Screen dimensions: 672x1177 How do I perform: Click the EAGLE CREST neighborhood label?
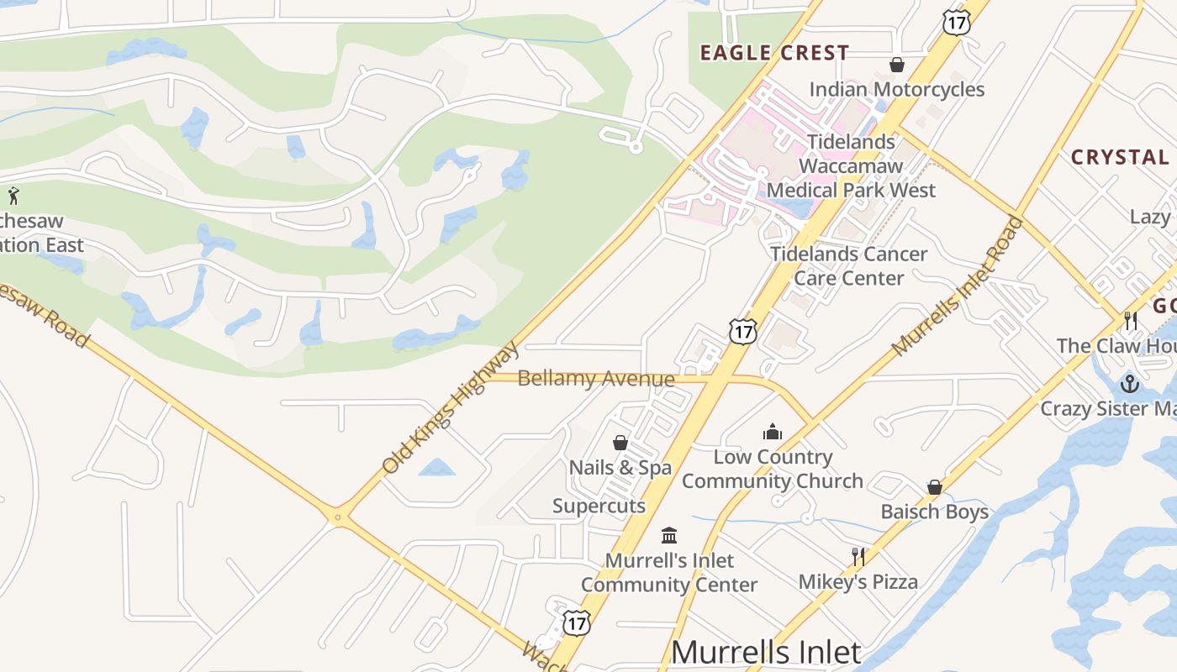pyautogui.click(x=774, y=53)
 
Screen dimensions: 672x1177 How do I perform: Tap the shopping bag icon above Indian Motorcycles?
pyautogui.click(x=897, y=65)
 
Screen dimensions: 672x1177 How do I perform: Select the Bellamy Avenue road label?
pyautogui.click(x=595, y=379)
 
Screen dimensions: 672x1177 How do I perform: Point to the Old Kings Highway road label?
pyautogui.click(x=451, y=407)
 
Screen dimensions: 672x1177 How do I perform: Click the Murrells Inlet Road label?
pyautogui.click(x=958, y=286)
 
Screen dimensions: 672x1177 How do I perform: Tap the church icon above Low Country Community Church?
pyautogui.click(x=772, y=432)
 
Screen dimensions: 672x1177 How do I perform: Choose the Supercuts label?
pyautogui.click(x=599, y=506)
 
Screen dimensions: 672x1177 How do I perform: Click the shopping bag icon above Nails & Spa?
pyautogui.click(x=620, y=443)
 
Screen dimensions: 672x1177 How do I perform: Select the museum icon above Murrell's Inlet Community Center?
pyautogui.click(x=669, y=535)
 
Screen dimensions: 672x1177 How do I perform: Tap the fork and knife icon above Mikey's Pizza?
pyautogui.click(x=858, y=556)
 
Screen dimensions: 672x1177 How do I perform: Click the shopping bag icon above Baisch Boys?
pyautogui.click(x=934, y=487)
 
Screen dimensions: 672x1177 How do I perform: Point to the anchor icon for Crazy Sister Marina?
pyautogui.click(x=1130, y=384)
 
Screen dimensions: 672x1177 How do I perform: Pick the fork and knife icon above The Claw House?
pyautogui.click(x=1131, y=320)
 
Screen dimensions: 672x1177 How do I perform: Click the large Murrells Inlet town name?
pyautogui.click(x=766, y=653)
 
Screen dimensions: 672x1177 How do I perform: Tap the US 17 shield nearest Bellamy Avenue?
pyautogui.click(x=742, y=331)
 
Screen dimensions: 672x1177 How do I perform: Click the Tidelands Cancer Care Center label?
pyautogui.click(x=849, y=265)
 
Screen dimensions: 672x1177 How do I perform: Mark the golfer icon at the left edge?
pyautogui.click(x=13, y=197)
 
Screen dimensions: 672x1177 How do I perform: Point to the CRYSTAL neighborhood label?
pyautogui.click(x=1119, y=157)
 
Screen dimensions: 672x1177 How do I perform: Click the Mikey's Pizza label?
pyautogui.click(x=858, y=581)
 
